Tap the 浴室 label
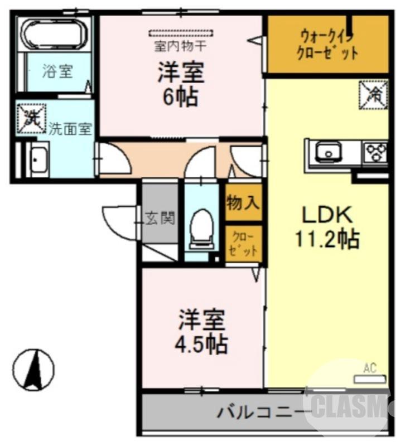(x=57, y=71)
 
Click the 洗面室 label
(x=70, y=128)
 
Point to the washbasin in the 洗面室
(x=37, y=159)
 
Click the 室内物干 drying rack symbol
(x=181, y=32)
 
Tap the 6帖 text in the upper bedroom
(x=180, y=97)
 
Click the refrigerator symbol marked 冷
(x=373, y=95)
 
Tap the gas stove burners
(x=375, y=151)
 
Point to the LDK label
(x=327, y=215)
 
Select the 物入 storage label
(x=243, y=203)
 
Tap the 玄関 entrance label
(x=161, y=218)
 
